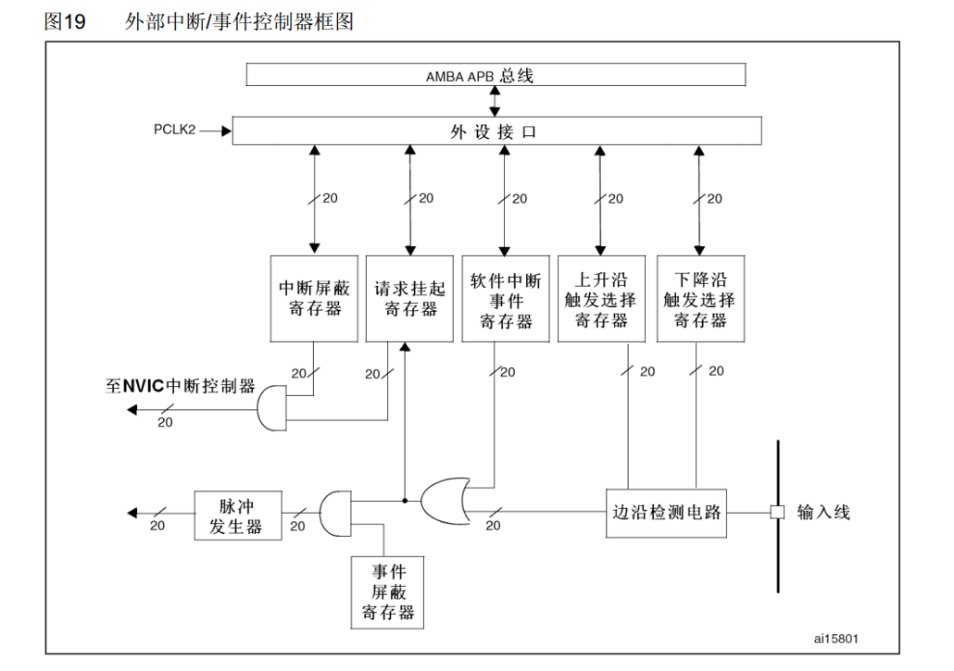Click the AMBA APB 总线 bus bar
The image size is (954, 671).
496,75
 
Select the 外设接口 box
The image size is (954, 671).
496,131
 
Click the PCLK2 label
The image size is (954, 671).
175,130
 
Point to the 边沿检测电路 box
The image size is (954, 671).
666,512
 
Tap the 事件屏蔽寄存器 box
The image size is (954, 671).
387,591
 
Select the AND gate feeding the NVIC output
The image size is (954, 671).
271,408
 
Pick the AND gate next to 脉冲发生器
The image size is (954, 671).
334,512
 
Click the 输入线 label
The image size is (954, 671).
823,512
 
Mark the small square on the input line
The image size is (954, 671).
778,512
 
